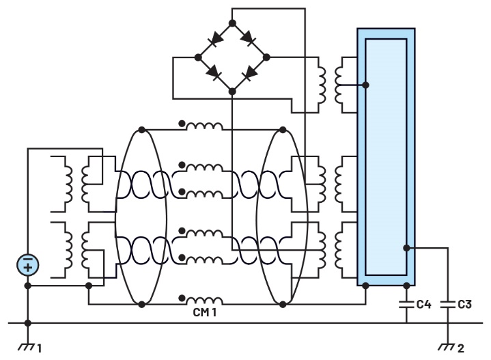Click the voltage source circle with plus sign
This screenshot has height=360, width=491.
pyautogui.click(x=27, y=266)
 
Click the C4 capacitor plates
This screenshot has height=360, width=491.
pyautogui.click(x=407, y=303)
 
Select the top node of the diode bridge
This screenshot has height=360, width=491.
pyautogui.click(x=232, y=23)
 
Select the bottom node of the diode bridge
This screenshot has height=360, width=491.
pyautogui.click(x=232, y=90)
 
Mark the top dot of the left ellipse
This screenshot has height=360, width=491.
pyautogui.click(x=141, y=129)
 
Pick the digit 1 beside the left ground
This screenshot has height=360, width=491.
pyautogui.click(x=39, y=348)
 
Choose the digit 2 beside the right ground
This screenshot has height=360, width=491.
pyautogui.click(x=461, y=348)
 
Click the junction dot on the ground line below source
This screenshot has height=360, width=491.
pyautogui.click(x=27, y=323)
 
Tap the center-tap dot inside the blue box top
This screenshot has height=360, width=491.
pyautogui.click(x=367, y=85)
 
